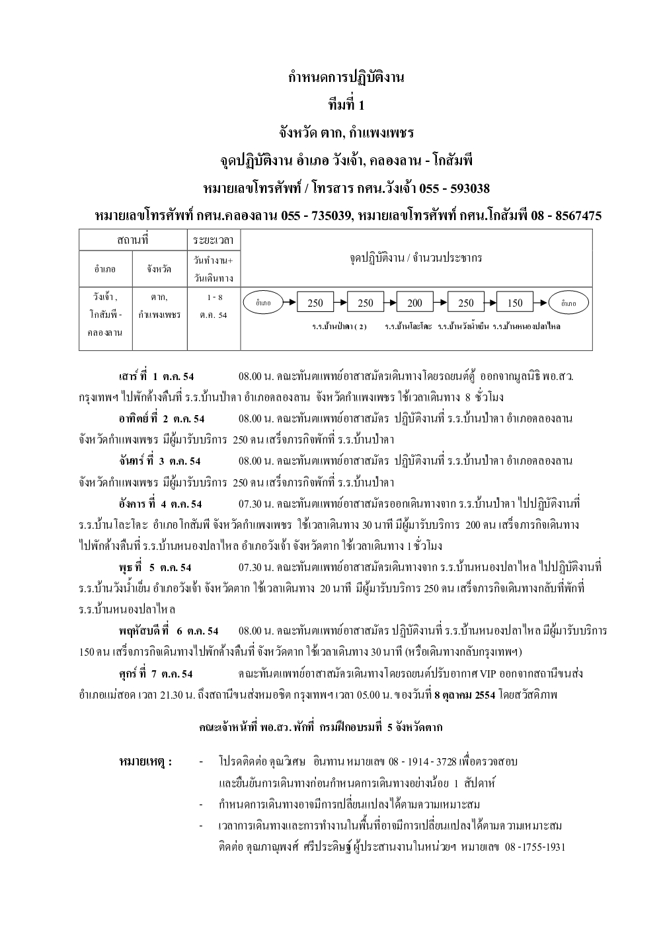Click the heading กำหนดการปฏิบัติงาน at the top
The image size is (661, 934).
coord(346,77)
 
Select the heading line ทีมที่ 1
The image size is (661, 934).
coord(346,105)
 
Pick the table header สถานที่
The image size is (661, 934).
coord(132,239)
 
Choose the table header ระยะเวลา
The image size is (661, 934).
coord(214,239)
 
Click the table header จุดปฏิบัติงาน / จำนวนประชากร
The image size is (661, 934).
coord(416,258)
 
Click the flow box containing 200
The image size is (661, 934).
coord(414,303)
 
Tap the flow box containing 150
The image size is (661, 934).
coord(515,303)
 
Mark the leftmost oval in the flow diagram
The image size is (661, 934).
coord(263,303)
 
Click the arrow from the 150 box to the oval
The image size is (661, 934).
coord(541,303)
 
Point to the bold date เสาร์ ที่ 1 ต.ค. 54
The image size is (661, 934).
coord(157,376)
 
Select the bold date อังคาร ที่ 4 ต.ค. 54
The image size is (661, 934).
coord(161,504)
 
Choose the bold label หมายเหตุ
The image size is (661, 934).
coord(145,761)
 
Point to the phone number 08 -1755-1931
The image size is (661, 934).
coord(535,847)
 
